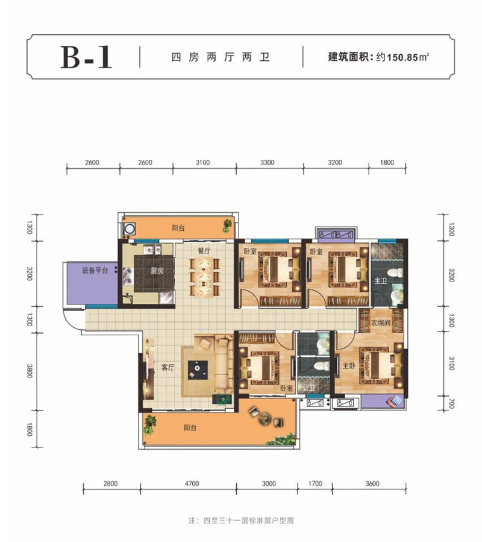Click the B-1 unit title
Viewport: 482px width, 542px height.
[x=86, y=58]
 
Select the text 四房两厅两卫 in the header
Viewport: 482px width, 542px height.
[x=220, y=58]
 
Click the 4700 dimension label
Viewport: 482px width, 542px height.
[x=188, y=483]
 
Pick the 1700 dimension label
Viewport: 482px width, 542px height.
[x=314, y=483]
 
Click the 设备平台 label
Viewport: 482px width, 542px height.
[x=95, y=271]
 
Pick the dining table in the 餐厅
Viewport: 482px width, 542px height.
[x=204, y=277]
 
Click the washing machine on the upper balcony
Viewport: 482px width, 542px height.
[x=129, y=228]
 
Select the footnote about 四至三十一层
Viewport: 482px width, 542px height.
[x=241, y=520]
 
